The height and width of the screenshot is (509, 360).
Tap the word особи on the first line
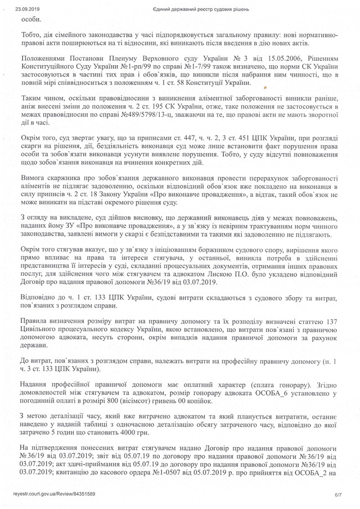tap(30, 19)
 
